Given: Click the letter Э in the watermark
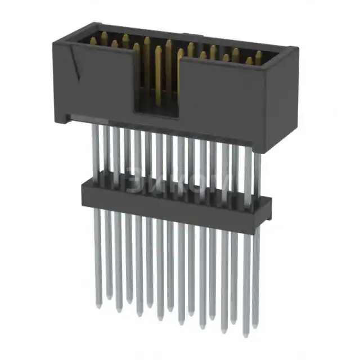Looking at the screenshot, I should pos(135,181).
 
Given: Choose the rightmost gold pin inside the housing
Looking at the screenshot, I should pos(258,57).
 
